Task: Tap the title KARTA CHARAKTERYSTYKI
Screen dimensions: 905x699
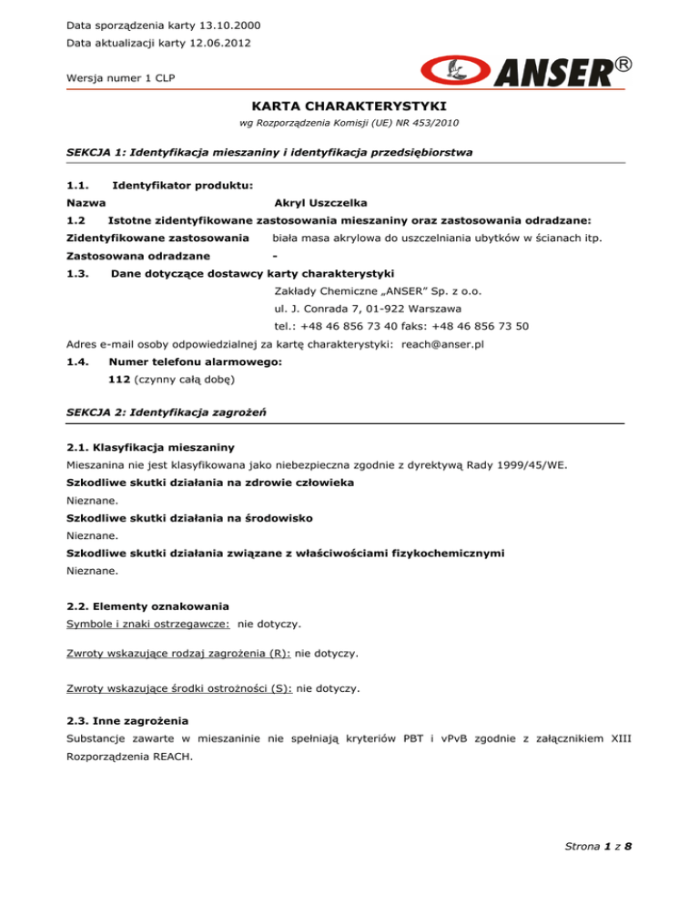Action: pos(349,107)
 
